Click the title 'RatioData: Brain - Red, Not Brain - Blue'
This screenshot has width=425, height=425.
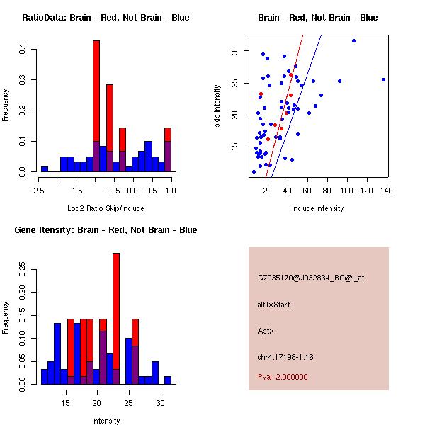(x=106, y=17)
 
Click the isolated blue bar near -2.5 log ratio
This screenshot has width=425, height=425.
(x=45, y=169)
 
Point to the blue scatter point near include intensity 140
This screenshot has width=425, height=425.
(x=383, y=79)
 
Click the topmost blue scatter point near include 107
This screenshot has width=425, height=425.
(x=353, y=41)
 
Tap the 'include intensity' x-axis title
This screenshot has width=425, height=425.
(x=318, y=209)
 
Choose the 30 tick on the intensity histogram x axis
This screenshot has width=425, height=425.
(x=160, y=403)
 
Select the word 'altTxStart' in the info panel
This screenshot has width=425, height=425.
(x=274, y=305)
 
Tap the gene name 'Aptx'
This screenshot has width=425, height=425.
(x=266, y=331)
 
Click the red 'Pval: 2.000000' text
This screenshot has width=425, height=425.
(x=283, y=377)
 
